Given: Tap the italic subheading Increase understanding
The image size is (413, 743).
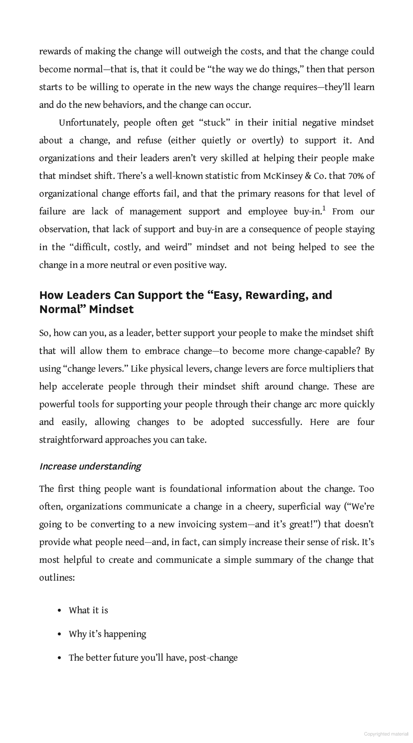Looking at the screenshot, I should pyautogui.click(x=90, y=466).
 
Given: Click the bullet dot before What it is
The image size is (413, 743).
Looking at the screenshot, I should pyautogui.click(x=59, y=611).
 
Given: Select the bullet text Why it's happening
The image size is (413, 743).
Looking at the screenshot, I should pyautogui.click(x=107, y=634).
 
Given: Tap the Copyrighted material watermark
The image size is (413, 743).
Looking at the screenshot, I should pyautogui.click(x=386, y=734).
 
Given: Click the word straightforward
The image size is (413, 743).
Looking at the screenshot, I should pyautogui.click(x=71, y=440).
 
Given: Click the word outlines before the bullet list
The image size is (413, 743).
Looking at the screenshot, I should pyautogui.click(x=57, y=578).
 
